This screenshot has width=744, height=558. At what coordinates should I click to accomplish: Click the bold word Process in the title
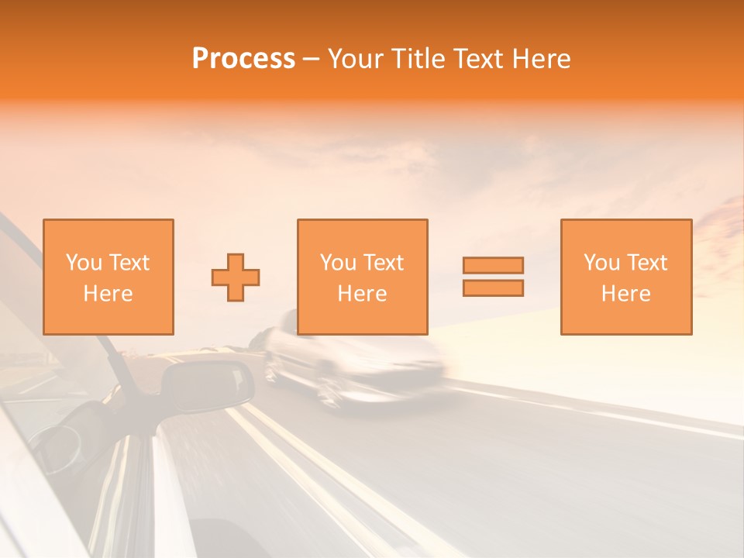[243, 59]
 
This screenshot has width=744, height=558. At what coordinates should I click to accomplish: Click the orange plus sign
[236, 277]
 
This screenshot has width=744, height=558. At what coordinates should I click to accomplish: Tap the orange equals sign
[493, 277]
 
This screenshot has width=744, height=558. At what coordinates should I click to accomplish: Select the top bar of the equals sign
[493, 265]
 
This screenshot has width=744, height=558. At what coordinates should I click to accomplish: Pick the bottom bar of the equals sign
[493, 288]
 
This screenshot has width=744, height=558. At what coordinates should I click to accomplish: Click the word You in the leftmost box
[83, 263]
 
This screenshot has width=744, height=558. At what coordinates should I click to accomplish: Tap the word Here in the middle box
[363, 294]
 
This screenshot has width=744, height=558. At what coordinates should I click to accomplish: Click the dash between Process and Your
[312, 59]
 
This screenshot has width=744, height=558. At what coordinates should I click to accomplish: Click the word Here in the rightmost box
[626, 294]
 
